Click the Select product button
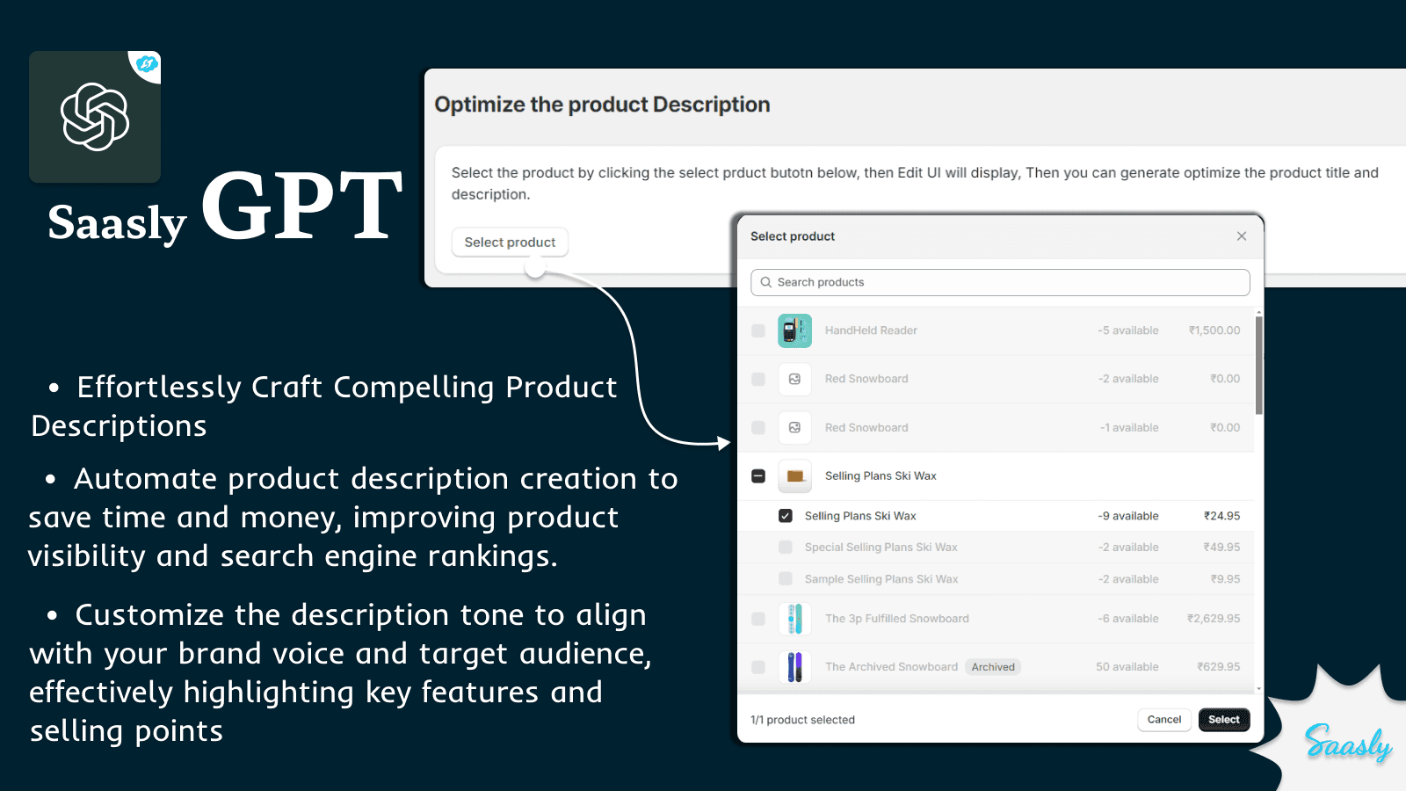point(510,243)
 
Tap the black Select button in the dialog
point(1223,720)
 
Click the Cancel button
point(1163,720)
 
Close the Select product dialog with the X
point(1242,236)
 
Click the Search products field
point(1000,282)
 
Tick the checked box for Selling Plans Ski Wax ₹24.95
point(786,516)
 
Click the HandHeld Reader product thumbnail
point(794,330)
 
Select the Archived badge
point(993,667)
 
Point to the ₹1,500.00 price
point(1214,330)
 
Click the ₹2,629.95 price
point(1214,619)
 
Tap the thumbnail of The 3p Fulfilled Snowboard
point(794,619)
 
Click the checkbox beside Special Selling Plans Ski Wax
point(786,548)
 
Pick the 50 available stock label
point(1127,667)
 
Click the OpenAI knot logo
point(95,117)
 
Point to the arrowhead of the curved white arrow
point(724,443)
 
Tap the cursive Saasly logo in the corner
point(1347,744)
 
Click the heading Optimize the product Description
point(602,105)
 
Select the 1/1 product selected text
point(802,720)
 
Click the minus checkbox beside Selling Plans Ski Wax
point(758,476)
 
